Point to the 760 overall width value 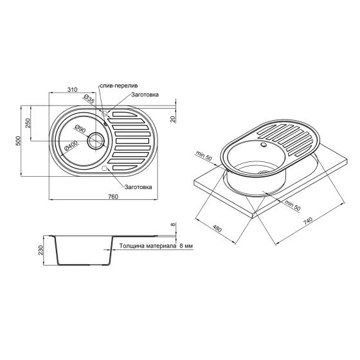(x=113, y=197)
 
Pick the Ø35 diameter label (x=89, y=100)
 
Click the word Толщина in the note (x=128, y=247)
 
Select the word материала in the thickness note (x=159, y=247)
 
